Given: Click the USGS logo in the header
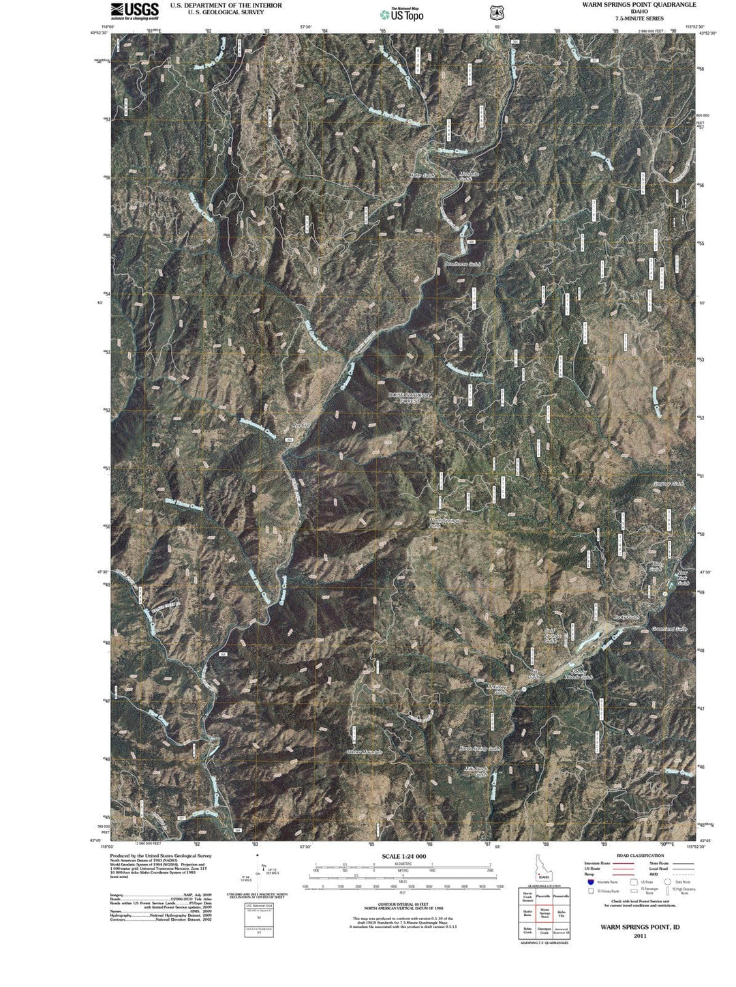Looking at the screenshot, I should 134,10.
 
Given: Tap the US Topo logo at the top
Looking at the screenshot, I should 402,13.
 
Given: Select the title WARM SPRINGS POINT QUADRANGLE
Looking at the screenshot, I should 629,4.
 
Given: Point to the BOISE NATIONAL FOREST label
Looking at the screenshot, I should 410,398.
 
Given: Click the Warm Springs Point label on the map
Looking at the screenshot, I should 444,522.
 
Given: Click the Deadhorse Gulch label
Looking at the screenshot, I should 463,263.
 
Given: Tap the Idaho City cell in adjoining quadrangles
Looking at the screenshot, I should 561,912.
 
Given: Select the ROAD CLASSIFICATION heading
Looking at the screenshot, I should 640,855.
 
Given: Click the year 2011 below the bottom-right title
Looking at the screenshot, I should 639,936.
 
